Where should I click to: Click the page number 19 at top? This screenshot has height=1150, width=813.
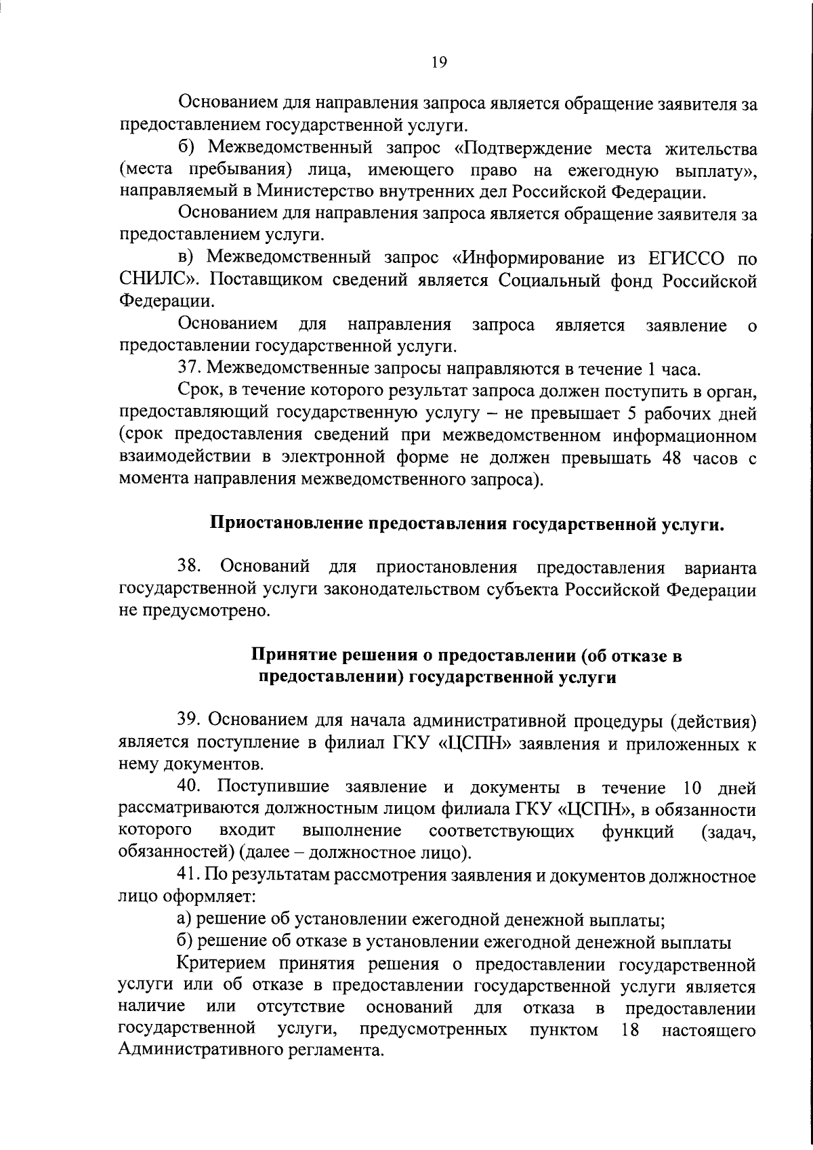[438, 62]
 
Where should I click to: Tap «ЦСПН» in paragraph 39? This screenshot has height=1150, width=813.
[479, 743]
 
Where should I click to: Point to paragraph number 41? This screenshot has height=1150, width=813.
[188, 876]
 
